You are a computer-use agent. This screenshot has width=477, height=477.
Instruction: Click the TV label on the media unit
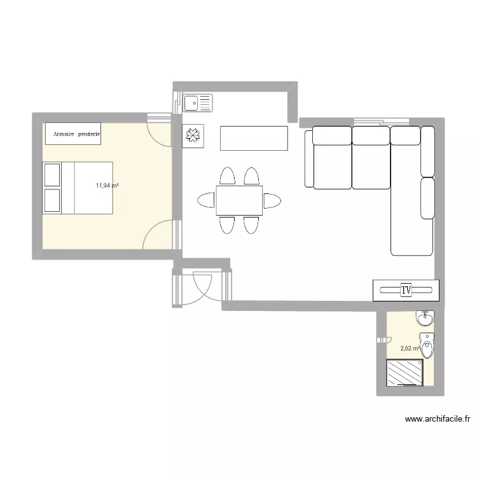coord(406,290)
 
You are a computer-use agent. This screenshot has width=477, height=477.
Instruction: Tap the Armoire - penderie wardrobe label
coord(73,134)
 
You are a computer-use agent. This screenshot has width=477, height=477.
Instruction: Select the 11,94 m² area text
coord(107,186)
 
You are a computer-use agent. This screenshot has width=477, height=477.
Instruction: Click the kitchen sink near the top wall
coord(198,102)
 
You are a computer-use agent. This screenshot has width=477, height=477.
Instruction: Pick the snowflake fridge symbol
coord(193,135)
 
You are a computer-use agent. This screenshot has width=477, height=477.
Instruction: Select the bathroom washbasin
coord(425,317)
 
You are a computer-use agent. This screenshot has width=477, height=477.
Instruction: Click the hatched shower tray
coord(404,372)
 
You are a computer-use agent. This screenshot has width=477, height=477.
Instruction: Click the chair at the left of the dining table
coord(207,201)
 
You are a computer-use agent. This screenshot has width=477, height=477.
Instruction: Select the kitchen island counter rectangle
coord(254,138)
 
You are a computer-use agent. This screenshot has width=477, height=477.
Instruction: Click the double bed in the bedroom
coord(78,188)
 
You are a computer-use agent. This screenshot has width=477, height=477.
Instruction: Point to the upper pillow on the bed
coord(51,174)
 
